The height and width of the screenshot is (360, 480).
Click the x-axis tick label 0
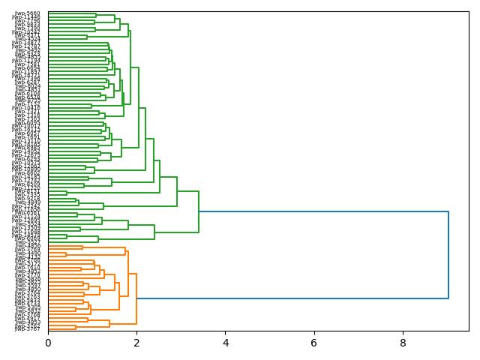(48, 343)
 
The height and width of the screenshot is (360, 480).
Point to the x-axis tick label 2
(136, 343)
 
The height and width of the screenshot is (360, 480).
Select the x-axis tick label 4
(226, 343)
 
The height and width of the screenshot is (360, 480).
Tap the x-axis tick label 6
(314, 343)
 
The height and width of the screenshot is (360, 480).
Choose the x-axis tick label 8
(403, 343)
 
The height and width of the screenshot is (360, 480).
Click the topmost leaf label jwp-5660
(28, 13)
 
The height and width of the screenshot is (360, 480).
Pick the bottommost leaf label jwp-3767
(28, 329)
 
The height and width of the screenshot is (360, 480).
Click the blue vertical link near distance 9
(448, 255)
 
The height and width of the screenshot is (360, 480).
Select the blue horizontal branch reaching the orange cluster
(292, 298)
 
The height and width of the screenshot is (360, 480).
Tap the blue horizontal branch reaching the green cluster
(322, 212)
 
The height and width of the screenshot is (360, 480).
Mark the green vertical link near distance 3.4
(199, 212)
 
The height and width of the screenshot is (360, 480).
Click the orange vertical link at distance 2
(136, 298)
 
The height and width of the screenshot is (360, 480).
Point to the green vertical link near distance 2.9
(177, 191)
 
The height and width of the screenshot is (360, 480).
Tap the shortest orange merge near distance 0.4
(66, 254)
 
